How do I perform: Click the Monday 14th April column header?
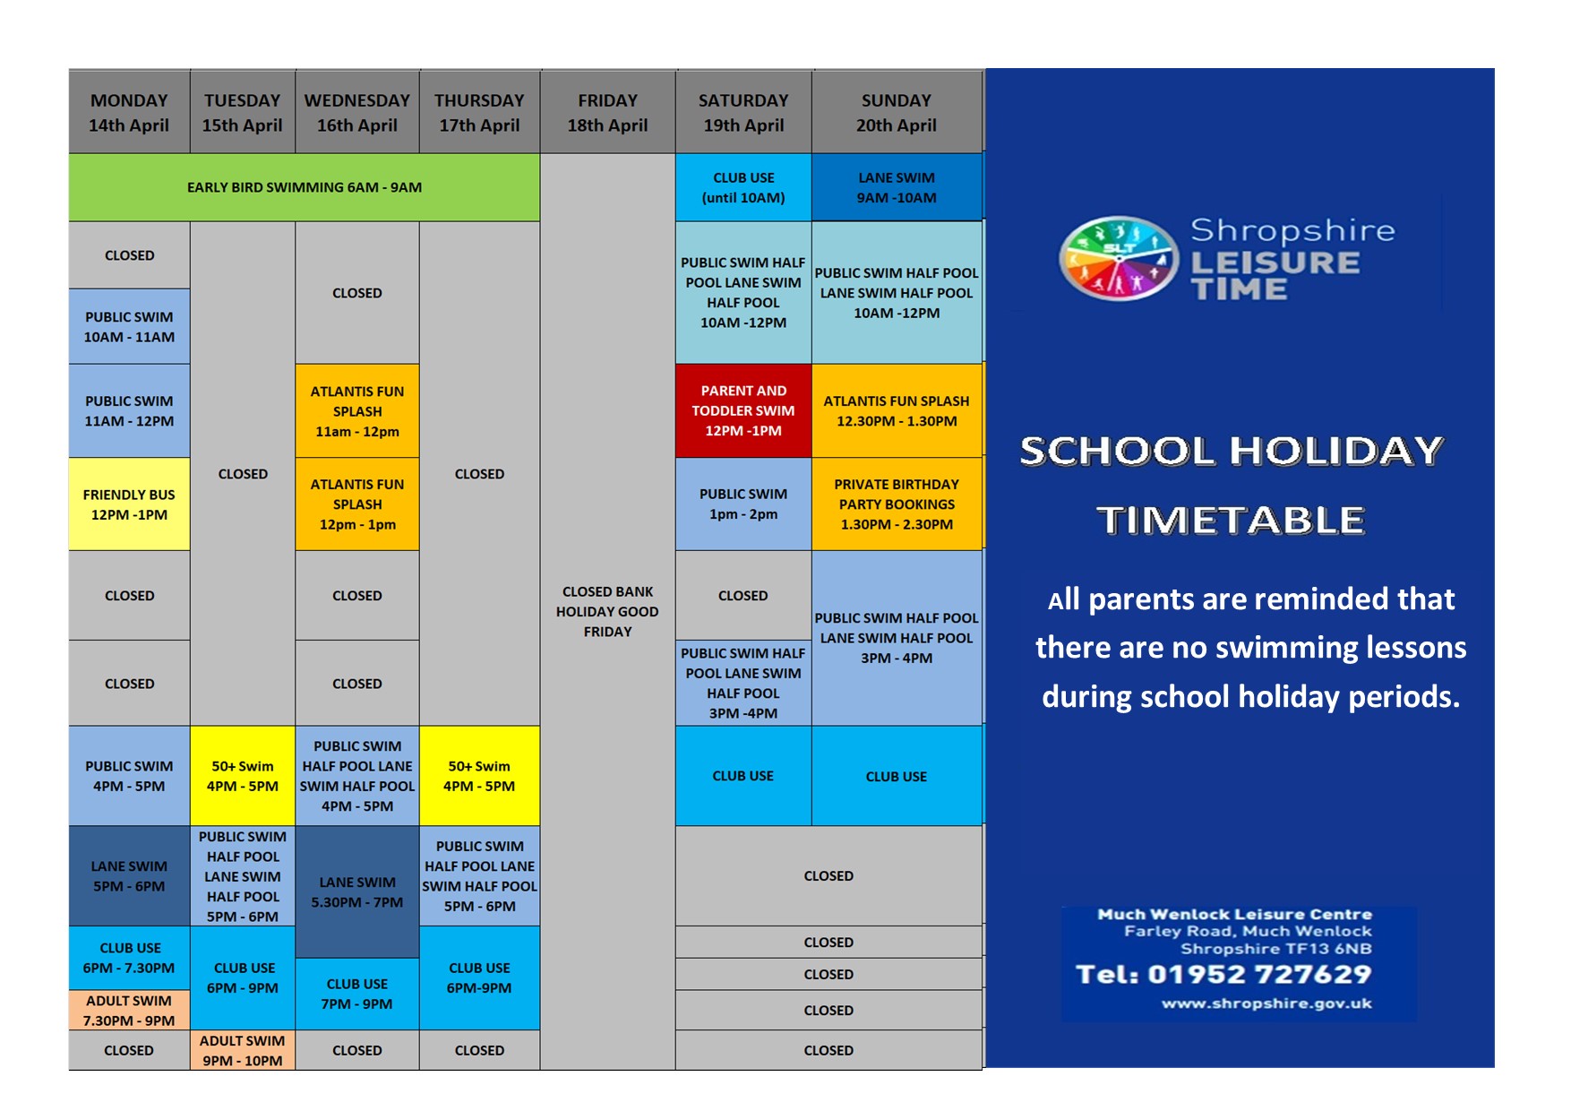pyautogui.click(x=129, y=113)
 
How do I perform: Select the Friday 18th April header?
pyautogui.click(x=607, y=113)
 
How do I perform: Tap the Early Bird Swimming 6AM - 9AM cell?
pyautogui.click(x=305, y=187)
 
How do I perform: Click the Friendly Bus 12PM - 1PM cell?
pyautogui.click(x=129, y=504)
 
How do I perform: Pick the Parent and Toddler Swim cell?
pyautogui.click(x=743, y=410)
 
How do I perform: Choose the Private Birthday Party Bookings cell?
pyautogui.click(x=897, y=504)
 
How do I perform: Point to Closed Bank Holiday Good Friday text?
pyautogui.click(x=607, y=611)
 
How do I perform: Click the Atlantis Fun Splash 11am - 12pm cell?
pyautogui.click(x=357, y=411)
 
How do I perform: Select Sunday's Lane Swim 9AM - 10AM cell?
pyautogui.click(x=897, y=187)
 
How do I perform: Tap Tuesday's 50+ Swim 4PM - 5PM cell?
pyautogui.click(x=243, y=776)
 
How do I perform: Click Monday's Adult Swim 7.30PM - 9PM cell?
pyautogui.click(x=129, y=1011)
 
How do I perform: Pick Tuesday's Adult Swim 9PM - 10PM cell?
pyautogui.click(x=243, y=1050)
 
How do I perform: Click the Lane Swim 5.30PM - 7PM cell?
pyautogui.click(x=357, y=892)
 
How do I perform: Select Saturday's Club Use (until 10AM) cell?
pyautogui.click(x=743, y=187)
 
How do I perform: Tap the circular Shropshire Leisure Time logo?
pyautogui.click(x=1119, y=259)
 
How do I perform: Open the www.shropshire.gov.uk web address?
pyautogui.click(x=1266, y=1003)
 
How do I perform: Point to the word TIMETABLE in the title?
pyautogui.click(x=1232, y=521)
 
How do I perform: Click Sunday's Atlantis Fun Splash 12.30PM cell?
pyautogui.click(x=897, y=411)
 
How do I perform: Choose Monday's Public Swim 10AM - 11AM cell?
pyautogui.click(x=129, y=327)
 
